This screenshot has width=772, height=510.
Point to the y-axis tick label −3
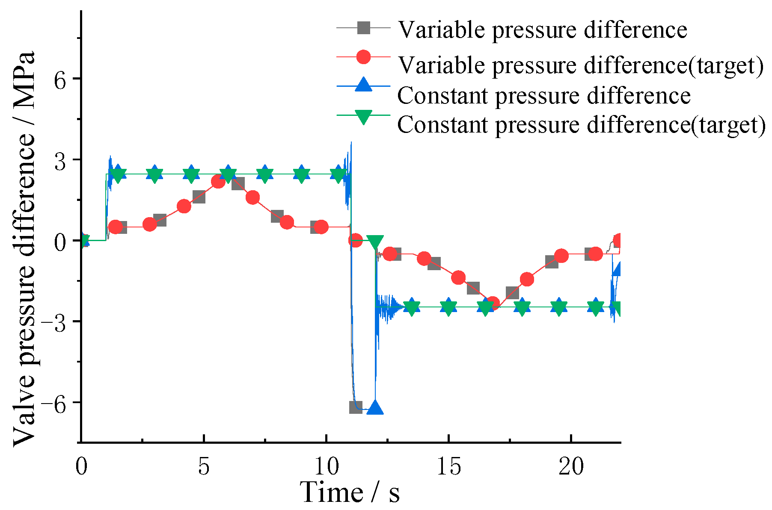click(55, 322)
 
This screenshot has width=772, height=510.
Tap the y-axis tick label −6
click(55, 403)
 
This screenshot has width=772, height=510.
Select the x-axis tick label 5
click(204, 467)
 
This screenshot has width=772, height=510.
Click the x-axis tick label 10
click(326, 467)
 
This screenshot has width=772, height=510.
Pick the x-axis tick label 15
click(448, 467)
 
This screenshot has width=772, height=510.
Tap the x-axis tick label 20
click(571, 467)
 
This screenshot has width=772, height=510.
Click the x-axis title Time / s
click(350, 492)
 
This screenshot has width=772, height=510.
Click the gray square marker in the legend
click(363, 28)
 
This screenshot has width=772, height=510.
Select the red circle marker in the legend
click(363, 57)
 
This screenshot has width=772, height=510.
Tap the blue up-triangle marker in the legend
click(363, 84)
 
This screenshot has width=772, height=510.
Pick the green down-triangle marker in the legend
click(363, 117)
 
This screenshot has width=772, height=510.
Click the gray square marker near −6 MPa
click(356, 407)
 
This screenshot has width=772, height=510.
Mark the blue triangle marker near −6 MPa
click(375, 408)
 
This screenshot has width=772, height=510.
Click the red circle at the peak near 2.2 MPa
click(218, 182)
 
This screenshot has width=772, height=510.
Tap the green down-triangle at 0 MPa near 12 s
click(375, 242)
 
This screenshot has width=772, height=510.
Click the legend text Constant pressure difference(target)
click(581, 125)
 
